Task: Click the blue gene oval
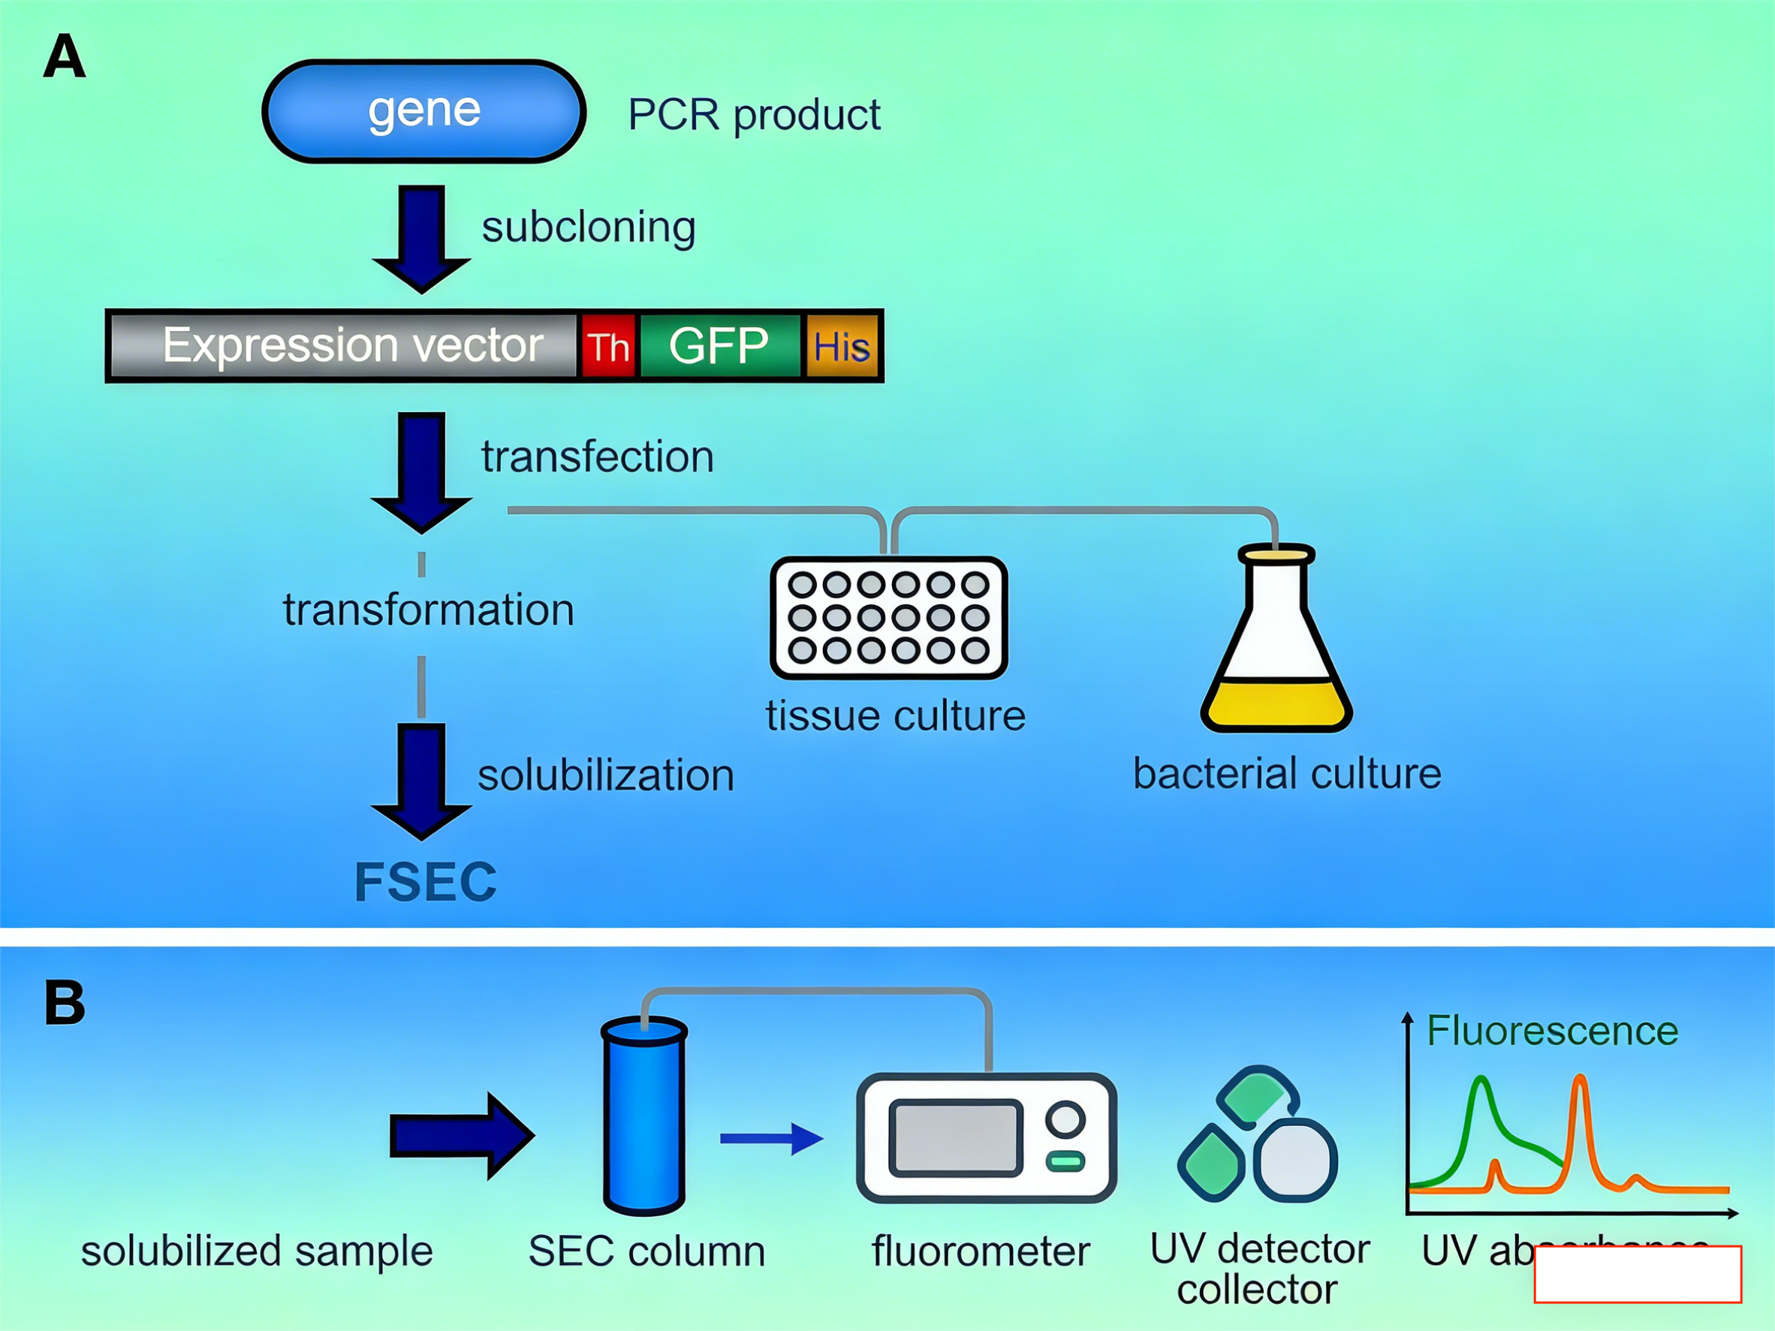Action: click(423, 110)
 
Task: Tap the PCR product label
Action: click(754, 115)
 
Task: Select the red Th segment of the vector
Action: click(608, 347)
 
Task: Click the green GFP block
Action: click(720, 346)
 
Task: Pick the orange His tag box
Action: click(842, 347)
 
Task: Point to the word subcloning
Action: click(588, 227)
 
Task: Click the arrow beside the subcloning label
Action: click(421, 237)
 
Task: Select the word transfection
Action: click(597, 456)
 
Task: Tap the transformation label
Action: click(429, 610)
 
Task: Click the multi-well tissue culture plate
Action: click(888, 618)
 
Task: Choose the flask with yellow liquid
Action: click(1276, 642)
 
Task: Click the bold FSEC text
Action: click(425, 883)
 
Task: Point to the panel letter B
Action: click(64, 1003)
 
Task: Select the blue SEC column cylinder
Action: click(643, 1116)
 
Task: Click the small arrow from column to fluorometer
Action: click(770, 1137)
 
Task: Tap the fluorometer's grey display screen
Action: click(955, 1137)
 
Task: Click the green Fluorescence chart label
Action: click(1552, 1031)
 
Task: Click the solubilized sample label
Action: click(257, 1251)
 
